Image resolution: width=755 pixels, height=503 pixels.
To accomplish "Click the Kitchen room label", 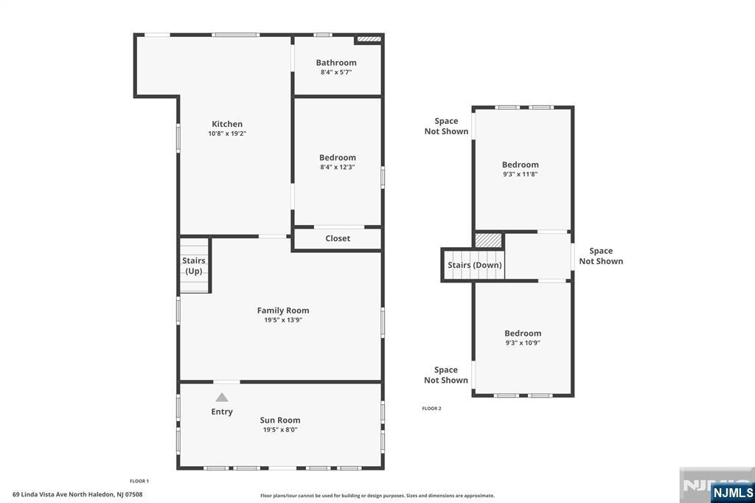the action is coord(227,124).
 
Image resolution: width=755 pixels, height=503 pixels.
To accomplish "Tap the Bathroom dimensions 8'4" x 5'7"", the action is coord(336,72).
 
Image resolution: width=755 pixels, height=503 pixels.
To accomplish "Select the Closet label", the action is coord(338,238).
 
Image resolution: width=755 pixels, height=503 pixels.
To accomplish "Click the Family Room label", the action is coord(283,311).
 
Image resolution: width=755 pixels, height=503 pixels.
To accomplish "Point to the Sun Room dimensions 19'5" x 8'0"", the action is coord(280,430).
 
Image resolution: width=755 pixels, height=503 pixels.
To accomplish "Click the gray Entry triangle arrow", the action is coord(221,397).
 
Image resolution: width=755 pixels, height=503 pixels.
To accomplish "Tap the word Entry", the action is coord(221,412).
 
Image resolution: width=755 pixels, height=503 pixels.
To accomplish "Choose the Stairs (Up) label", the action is coord(194,266).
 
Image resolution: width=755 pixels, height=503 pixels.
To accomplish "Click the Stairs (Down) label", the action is coord(475,265).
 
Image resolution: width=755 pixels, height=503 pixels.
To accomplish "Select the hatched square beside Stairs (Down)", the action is coord(488,240).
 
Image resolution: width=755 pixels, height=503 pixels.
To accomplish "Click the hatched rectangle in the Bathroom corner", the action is coord(369,39).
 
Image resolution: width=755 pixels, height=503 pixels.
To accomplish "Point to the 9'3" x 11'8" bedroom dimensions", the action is coord(520,174).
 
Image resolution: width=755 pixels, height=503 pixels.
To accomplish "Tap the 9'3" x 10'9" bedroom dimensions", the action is coord(523,343).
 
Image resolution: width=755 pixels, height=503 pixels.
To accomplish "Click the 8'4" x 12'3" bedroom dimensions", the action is coord(337,167).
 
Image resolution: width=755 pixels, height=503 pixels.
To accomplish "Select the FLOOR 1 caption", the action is coord(139,481).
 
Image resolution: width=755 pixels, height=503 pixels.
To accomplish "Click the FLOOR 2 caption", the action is coord(431,408).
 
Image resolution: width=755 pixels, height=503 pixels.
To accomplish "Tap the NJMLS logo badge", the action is coord(732,493).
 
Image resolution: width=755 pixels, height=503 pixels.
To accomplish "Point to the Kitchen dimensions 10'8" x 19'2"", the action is coord(227,133).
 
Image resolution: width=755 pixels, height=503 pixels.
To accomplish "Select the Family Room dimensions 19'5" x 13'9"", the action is coord(283,320).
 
